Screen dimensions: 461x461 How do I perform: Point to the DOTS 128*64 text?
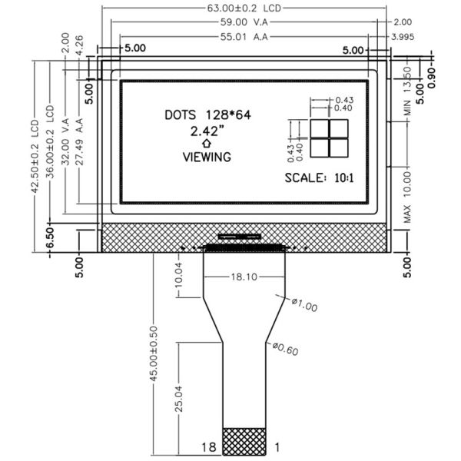click(208, 115)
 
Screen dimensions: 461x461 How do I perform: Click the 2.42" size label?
click(206, 131)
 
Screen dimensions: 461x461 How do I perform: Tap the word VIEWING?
click(207, 157)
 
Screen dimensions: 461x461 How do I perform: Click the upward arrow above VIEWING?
click(206, 144)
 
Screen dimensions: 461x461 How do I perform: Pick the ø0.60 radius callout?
click(285, 350)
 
